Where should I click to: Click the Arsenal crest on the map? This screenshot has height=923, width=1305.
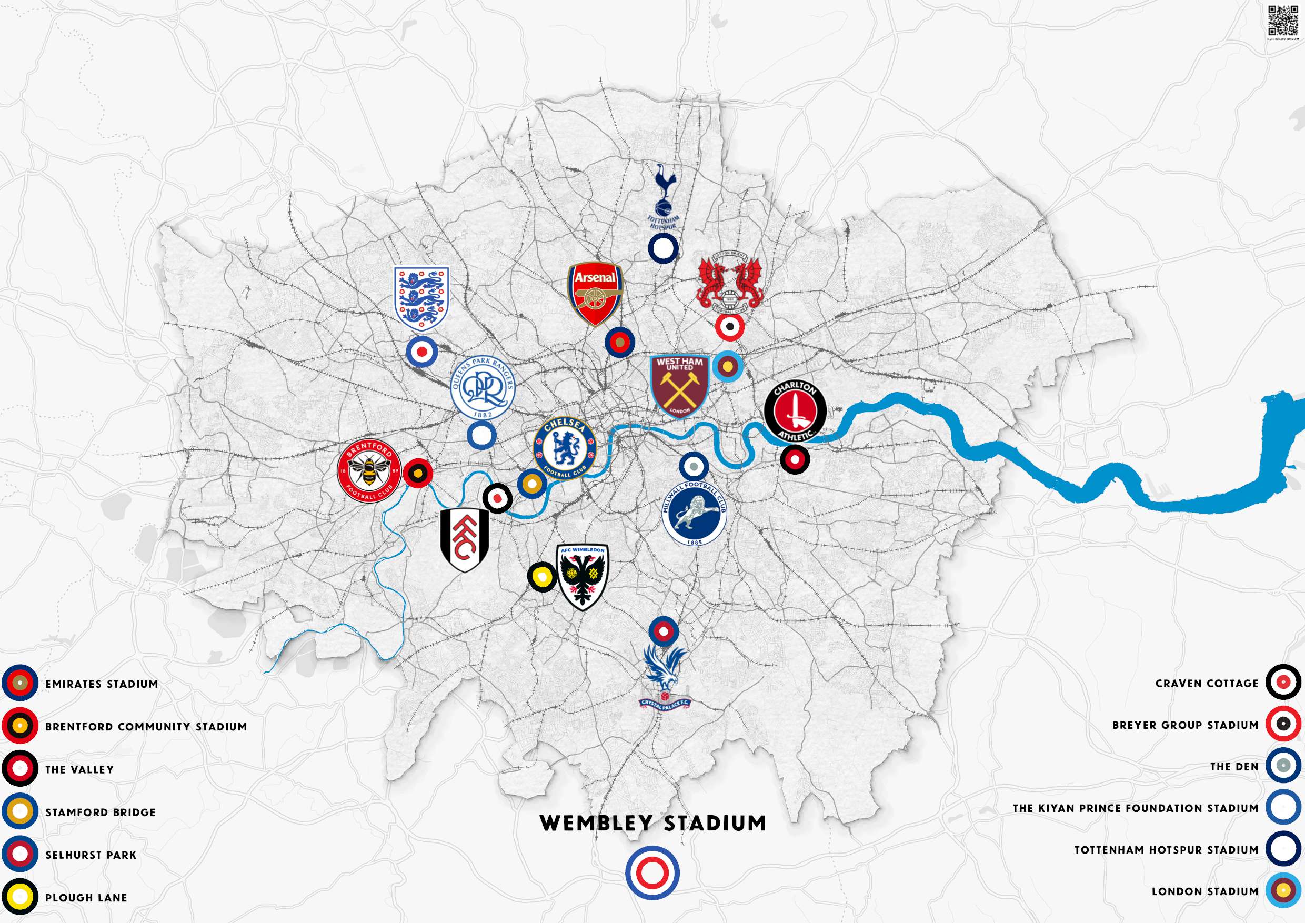(595, 294)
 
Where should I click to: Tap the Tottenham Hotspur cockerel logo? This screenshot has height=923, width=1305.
(664, 196)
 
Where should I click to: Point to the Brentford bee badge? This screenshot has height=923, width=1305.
(369, 470)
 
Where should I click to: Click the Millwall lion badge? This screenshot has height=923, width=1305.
(694, 513)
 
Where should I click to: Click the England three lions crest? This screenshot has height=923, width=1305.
(421, 299)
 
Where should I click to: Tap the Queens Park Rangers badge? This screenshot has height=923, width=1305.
(483, 388)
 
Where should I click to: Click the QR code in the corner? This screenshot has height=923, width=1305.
(1283, 21)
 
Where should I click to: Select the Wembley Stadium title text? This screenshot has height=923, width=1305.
(653, 824)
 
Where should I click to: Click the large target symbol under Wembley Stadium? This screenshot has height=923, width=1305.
(652, 873)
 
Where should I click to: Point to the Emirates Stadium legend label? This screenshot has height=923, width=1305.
(102, 684)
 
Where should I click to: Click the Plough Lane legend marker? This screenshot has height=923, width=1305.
(20, 897)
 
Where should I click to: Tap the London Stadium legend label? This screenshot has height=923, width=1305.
(1205, 892)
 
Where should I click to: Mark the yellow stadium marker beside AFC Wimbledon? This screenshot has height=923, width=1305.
(541, 577)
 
